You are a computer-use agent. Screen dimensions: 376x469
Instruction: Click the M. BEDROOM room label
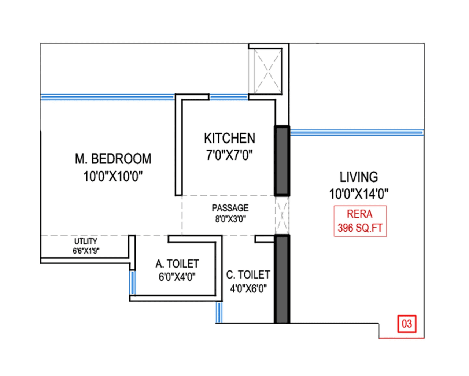click(113, 159)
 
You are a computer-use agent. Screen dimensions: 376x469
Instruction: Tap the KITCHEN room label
click(229, 139)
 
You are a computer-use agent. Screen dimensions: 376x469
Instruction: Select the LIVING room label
click(358, 177)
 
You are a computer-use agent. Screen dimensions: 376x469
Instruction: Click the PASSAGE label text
click(230, 208)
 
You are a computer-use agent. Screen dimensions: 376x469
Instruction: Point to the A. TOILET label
click(177, 263)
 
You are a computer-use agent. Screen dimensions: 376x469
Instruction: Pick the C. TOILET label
click(248, 274)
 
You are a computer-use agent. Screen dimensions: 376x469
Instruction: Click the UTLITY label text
click(86, 241)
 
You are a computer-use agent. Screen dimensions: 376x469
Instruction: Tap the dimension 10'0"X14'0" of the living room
click(358, 193)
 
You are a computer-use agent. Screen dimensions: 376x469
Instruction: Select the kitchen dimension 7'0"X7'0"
click(229, 155)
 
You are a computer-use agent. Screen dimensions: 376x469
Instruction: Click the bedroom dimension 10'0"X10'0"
click(113, 176)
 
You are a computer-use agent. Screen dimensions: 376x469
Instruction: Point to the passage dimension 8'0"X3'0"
click(230, 219)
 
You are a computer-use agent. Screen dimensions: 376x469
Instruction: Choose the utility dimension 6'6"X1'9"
click(86, 251)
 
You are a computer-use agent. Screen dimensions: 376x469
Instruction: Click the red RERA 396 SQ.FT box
click(360, 221)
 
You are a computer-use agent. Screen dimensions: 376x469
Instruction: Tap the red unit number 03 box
click(407, 324)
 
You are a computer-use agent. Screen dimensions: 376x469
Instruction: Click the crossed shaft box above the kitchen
click(268, 71)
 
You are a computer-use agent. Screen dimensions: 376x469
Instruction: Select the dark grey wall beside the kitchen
click(282, 161)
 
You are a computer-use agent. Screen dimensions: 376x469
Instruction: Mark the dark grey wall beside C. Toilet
click(282, 279)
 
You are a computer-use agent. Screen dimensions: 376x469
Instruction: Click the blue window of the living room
click(356, 132)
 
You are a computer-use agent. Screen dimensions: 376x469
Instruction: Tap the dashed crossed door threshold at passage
click(282, 215)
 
